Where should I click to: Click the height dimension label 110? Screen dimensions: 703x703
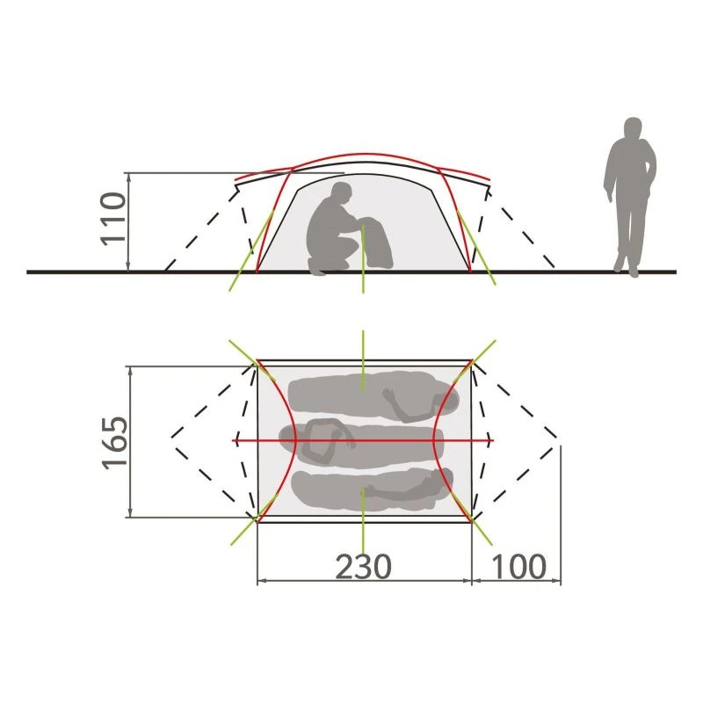click(x=113, y=218)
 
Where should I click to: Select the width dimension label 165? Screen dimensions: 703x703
click(x=115, y=443)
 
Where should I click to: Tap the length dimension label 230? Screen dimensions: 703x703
click(x=363, y=567)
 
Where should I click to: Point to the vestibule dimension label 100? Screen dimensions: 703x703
click(x=519, y=567)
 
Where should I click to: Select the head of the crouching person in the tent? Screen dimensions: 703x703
click(x=342, y=193)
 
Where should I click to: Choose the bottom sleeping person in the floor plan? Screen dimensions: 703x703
click(x=372, y=490)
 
